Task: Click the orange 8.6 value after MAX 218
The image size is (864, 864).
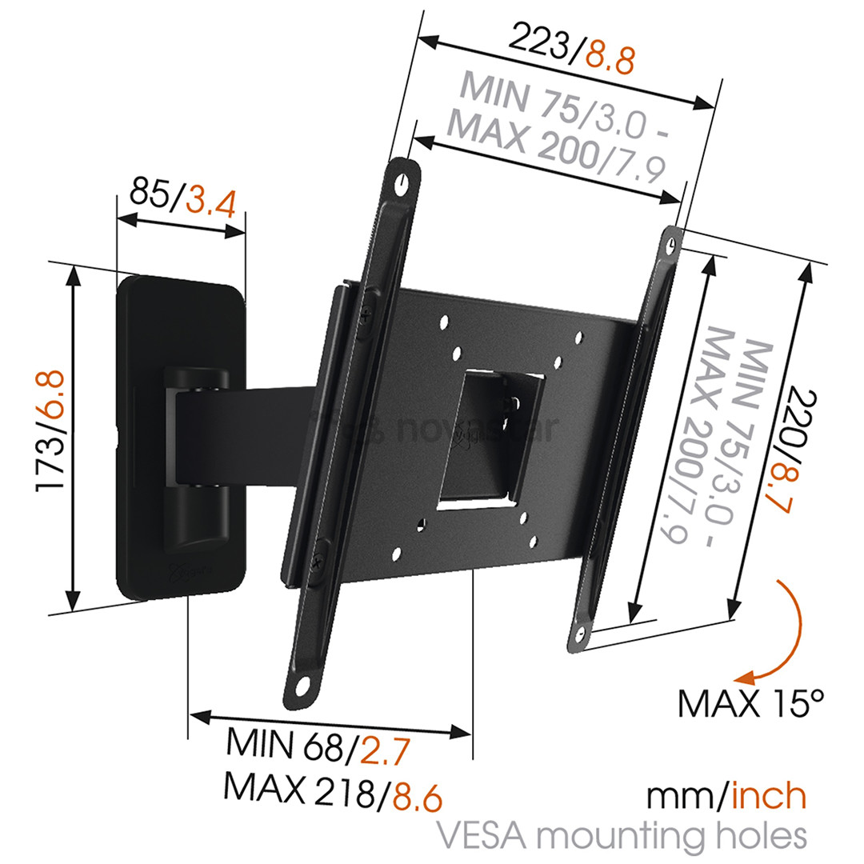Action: [x=414, y=796]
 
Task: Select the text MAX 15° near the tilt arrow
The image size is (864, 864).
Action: [x=750, y=705]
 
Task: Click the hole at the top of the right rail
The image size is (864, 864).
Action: [x=670, y=244]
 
